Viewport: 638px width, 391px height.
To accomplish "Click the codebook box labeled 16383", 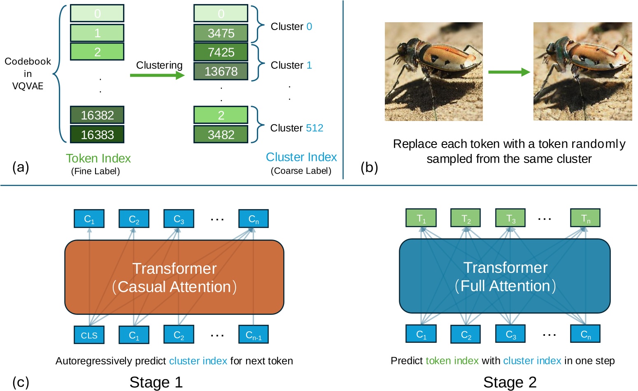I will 97,134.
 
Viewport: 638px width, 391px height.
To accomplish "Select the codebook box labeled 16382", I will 97,115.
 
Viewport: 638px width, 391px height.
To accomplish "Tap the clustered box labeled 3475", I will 221,33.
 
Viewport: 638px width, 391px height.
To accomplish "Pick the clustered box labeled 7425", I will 221,52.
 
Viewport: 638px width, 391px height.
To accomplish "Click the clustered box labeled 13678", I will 221,71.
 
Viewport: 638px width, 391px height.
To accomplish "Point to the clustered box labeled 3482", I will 221,134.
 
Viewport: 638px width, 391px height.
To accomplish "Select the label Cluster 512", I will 296,128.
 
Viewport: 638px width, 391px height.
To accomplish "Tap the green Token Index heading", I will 98,158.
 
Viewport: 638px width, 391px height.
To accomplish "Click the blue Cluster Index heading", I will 301,157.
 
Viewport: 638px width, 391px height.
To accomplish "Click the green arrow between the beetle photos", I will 509,72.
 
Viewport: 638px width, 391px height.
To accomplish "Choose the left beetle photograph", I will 433,72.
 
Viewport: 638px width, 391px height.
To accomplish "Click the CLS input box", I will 89,335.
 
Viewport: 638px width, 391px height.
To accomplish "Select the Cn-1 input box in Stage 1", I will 254,335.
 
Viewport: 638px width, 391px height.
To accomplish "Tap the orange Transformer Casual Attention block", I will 174,277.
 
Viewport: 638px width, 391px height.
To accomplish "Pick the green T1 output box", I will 421,218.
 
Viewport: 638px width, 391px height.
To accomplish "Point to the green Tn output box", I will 585,218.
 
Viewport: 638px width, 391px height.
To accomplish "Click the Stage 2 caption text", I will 510,382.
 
